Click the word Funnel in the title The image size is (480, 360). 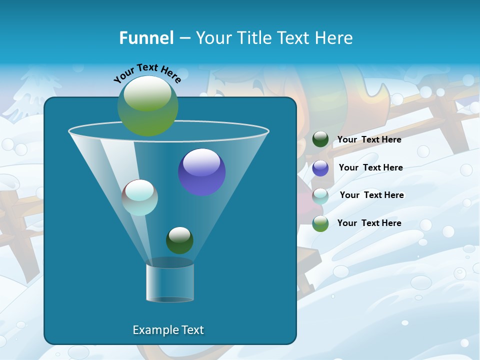[146, 38]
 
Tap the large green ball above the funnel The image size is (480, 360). [147, 105]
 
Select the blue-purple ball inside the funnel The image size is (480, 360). [201, 172]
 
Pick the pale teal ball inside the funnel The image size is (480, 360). [140, 197]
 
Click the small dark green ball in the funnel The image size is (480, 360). [179, 240]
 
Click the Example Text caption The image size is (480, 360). [168, 330]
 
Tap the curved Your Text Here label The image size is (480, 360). [147, 73]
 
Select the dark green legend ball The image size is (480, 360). [320, 139]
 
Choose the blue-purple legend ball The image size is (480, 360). [320, 168]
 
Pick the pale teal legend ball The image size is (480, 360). [320, 196]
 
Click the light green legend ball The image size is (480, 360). [320, 223]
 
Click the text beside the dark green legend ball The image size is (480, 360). [369, 139]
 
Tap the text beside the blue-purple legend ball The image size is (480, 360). [370, 167]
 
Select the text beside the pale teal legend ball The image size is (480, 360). [371, 195]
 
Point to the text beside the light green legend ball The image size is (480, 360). [369, 223]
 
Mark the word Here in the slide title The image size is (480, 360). [336, 38]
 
